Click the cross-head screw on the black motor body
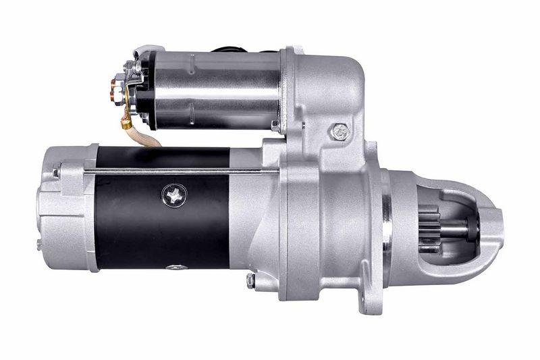pos(174,196)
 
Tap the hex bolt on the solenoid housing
pos(340,132)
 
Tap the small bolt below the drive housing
pos(251,279)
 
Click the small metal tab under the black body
pos(177,267)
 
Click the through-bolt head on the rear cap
pos(56,172)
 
